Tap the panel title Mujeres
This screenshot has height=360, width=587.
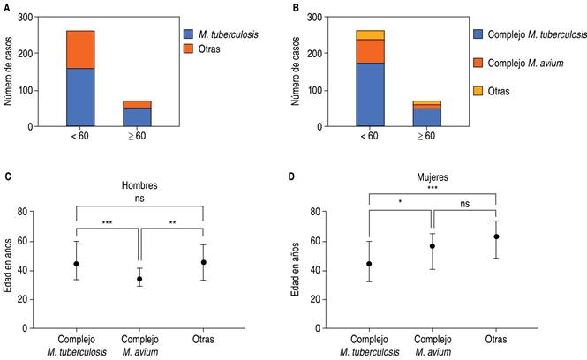click(431, 176)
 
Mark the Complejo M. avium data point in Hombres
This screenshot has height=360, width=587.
click(139, 279)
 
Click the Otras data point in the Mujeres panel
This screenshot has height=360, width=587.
click(496, 236)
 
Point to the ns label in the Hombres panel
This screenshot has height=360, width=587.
click(139, 199)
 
